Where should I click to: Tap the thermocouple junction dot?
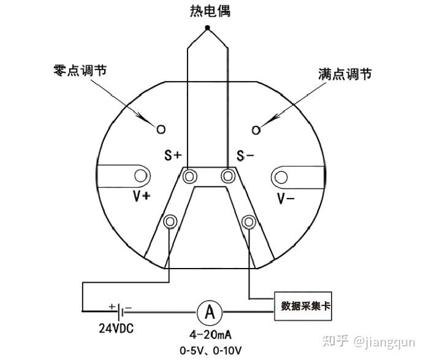[x=208, y=28]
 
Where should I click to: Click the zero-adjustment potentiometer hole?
[x=161, y=129]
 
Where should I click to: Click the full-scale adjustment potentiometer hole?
[x=256, y=129]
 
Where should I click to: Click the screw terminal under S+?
[x=189, y=176]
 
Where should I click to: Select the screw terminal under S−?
[x=228, y=176]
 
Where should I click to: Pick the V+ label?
[x=142, y=197]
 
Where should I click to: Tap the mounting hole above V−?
[x=281, y=177]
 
